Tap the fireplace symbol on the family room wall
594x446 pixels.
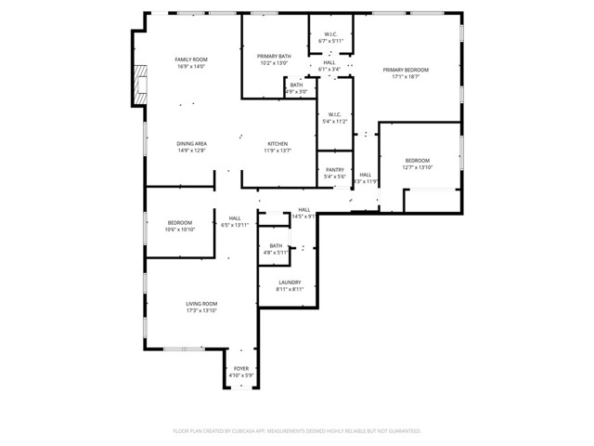point(140,85)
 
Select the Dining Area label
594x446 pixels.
point(192,143)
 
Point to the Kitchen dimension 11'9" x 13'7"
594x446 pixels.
point(278,151)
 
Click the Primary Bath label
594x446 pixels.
point(274,57)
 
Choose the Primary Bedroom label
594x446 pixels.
point(406,70)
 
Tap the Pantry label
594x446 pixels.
point(334,170)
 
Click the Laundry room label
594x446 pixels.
point(289,282)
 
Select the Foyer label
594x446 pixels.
point(241,368)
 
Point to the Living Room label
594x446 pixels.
point(201,304)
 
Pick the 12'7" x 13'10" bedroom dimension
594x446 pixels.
point(417,168)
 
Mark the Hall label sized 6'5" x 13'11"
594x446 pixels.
point(235,219)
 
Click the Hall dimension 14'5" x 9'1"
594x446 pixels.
point(304,216)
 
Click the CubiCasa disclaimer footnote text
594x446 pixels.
point(297,431)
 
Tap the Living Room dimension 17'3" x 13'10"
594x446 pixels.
point(201,311)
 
